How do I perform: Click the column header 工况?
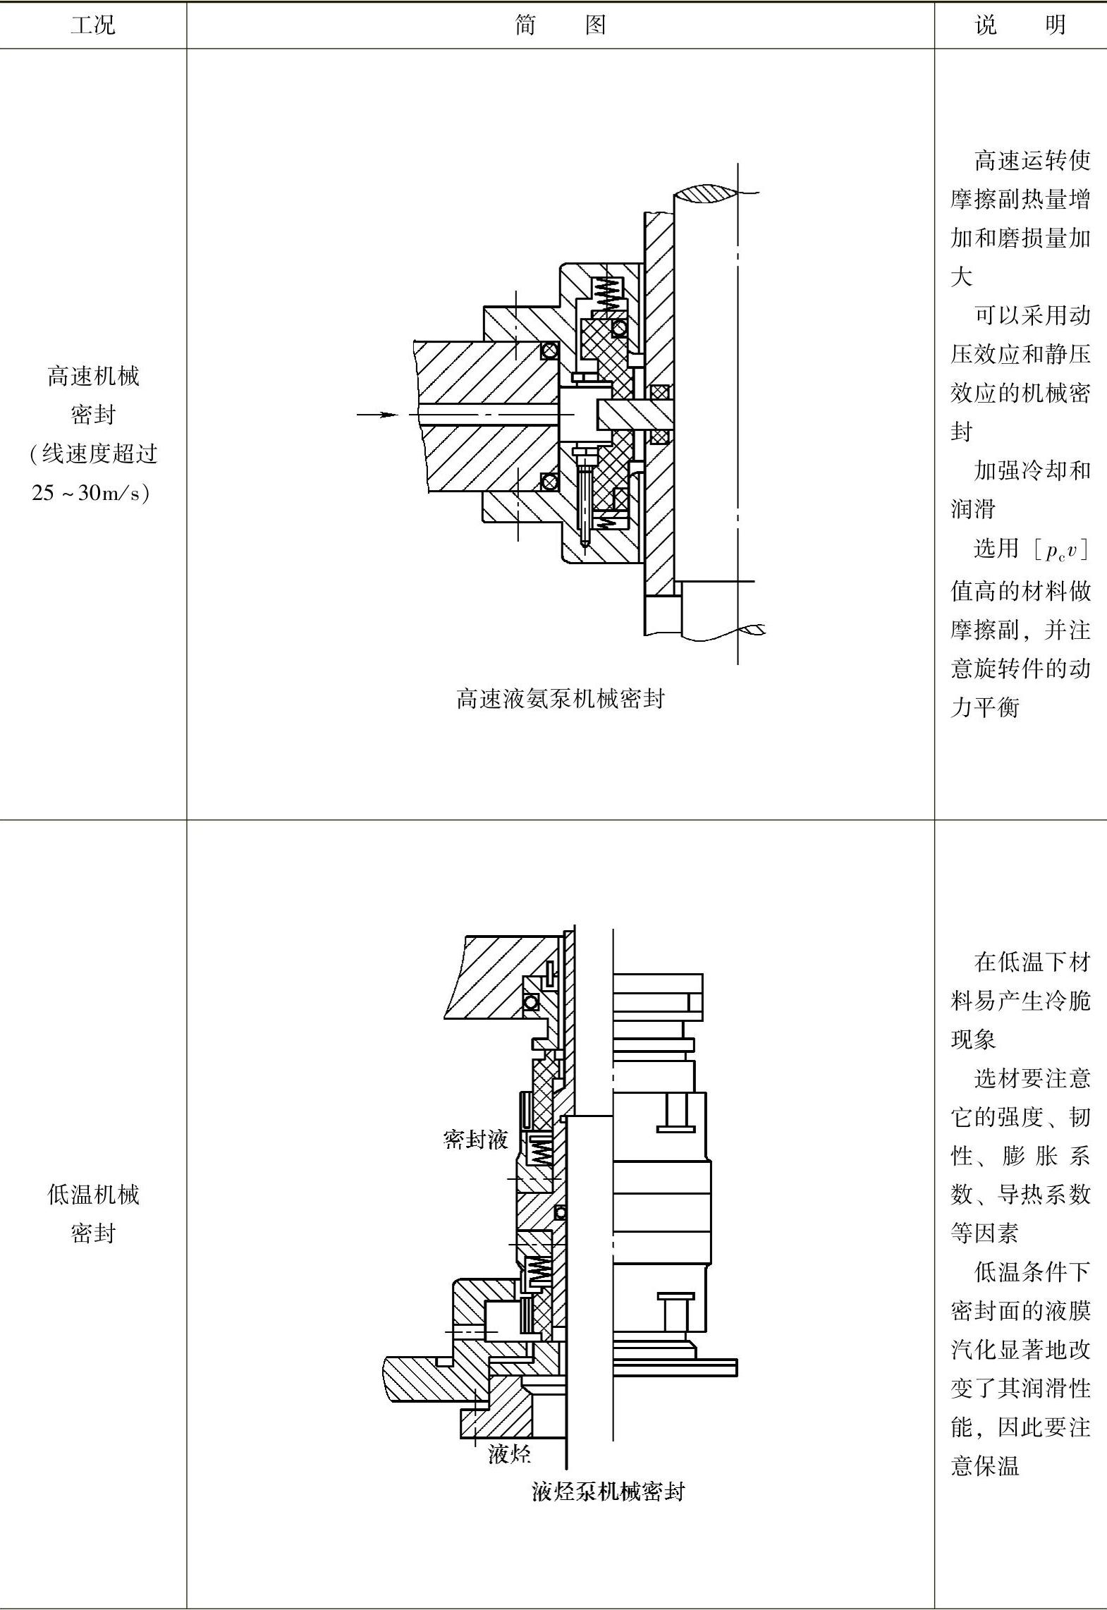click(x=92, y=25)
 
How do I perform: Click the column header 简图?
click(x=560, y=25)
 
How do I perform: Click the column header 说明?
click(x=1020, y=25)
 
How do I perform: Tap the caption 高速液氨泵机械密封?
click(x=560, y=699)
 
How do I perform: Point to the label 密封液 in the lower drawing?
click(x=475, y=1139)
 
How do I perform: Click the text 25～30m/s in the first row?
click(x=90, y=493)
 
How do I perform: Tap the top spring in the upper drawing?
click(x=608, y=293)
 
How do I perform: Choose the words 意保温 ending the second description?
click(x=985, y=1466)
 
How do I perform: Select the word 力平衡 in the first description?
click(x=985, y=707)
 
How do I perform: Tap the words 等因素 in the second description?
click(x=985, y=1233)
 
